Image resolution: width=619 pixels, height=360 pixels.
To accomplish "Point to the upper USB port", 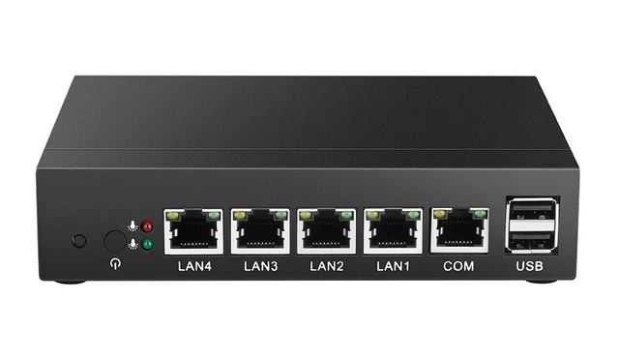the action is click(531, 214).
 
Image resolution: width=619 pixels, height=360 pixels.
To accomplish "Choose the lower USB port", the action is click(531, 240).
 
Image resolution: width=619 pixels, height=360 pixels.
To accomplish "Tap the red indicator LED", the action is click(147, 226).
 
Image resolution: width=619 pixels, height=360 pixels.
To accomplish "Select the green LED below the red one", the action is click(147, 244).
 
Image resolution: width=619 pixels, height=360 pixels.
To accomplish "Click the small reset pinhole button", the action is click(79, 240).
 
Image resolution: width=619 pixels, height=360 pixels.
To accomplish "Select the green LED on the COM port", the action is click(479, 215).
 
